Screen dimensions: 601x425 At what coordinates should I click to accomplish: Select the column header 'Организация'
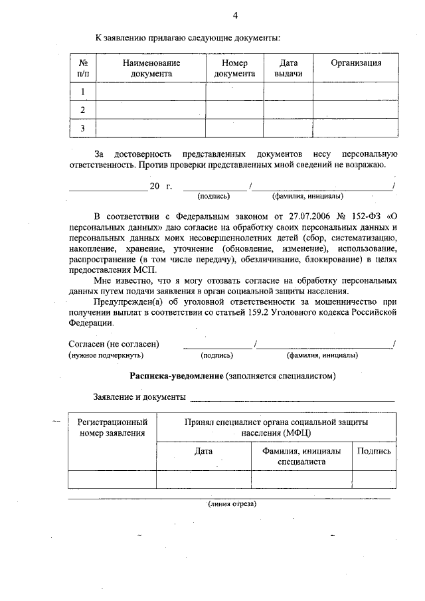pos(356,63)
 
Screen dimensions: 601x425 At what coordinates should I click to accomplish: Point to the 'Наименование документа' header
pos(151,68)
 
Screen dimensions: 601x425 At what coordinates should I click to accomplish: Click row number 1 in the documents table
pos(83,92)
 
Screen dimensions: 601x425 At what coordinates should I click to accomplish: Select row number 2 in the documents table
pos(83,110)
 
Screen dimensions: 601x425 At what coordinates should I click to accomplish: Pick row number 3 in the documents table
pos(83,128)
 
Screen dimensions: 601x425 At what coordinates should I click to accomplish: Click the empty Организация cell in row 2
pos(356,110)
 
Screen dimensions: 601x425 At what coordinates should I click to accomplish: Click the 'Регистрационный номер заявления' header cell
pos(112,428)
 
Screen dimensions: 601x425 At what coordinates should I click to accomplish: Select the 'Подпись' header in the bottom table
pos(374,451)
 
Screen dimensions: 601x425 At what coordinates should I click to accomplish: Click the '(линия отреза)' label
pos(231,503)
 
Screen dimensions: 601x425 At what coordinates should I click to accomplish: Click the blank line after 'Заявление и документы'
pos(292,398)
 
